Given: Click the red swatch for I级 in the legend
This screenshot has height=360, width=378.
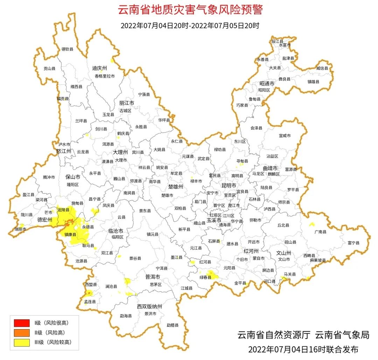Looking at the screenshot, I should tap(22, 323).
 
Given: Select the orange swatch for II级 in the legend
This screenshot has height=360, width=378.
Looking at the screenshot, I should tap(22, 332).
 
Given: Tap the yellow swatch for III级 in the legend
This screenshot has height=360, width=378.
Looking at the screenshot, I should tap(22, 342).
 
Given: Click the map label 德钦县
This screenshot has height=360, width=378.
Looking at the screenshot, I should tap(68, 49).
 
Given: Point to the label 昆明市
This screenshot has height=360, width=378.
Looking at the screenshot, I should tap(229, 185).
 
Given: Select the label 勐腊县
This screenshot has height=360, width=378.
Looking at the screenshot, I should tap(173, 325).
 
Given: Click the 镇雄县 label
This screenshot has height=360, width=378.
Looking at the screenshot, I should tap(314, 82).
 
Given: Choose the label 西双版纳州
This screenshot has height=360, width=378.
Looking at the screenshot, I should tap(149, 306).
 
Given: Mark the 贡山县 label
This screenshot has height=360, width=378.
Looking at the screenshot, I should tap(49, 69).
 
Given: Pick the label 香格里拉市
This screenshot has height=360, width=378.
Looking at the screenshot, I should tap(105, 76).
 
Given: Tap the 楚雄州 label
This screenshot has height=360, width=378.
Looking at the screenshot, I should tap(176, 187).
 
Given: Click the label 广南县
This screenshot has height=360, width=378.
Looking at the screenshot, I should tap(320, 231).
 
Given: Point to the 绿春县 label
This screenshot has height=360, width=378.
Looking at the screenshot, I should tap(205, 277).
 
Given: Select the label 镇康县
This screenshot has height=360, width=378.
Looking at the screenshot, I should tap(70, 234).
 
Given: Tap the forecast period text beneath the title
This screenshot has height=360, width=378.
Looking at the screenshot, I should tap(190, 26).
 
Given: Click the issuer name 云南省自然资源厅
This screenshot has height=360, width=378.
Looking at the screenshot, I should tap(274, 335).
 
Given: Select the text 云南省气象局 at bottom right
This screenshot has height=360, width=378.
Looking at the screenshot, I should tap(342, 335).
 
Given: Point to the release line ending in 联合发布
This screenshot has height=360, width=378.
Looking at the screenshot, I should tap(303, 349).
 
